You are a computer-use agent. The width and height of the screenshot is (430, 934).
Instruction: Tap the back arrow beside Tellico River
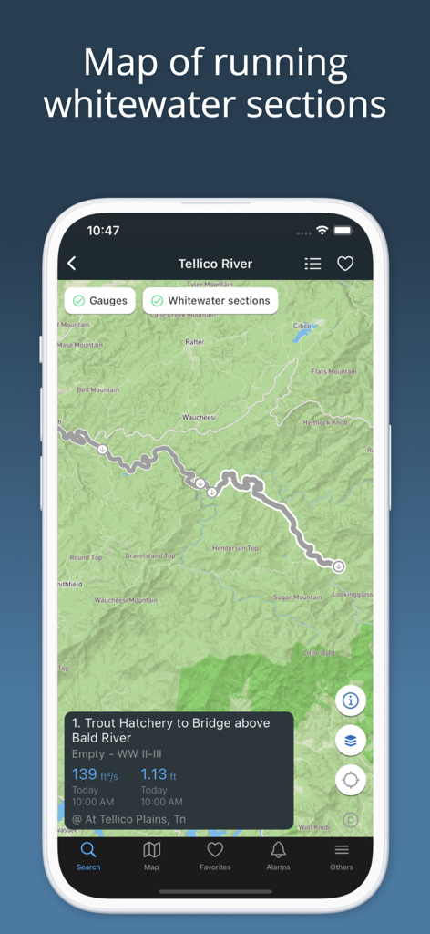pyautogui.click(x=72, y=264)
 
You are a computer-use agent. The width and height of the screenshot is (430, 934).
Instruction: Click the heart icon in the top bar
pyautogui.click(x=345, y=264)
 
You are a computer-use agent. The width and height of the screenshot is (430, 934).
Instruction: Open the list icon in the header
pyautogui.click(x=312, y=264)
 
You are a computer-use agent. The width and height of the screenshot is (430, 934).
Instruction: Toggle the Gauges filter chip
pyautogui.click(x=100, y=301)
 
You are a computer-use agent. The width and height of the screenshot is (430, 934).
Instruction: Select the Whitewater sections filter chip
pyautogui.click(x=210, y=301)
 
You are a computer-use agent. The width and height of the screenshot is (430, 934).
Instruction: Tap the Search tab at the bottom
pyautogui.click(x=88, y=856)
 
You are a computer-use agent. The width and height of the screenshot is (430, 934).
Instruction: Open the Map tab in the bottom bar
pyautogui.click(x=151, y=856)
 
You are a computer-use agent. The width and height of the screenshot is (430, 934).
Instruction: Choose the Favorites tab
pyautogui.click(x=215, y=856)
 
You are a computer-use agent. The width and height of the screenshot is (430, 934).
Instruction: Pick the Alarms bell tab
pyautogui.click(x=278, y=856)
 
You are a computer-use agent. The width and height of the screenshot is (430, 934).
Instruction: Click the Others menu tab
pyautogui.click(x=342, y=856)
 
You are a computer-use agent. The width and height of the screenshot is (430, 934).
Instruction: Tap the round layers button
pyautogui.click(x=351, y=741)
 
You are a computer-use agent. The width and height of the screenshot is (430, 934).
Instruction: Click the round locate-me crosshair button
pyautogui.click(x=351, y=780)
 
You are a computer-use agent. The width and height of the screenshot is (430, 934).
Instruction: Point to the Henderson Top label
pyautogui.click(x=236, y=548)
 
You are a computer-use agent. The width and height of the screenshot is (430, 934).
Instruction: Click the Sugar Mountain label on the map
pyautogui.click(x=298, y=597)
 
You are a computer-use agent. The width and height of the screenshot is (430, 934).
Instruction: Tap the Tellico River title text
pyautogui.click(x=215, y=264)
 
